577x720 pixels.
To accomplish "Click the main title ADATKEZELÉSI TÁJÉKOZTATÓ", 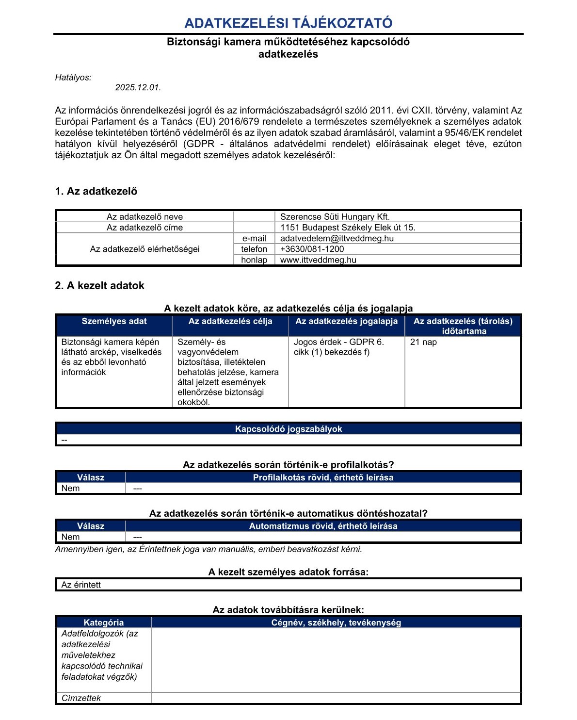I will click(288, 23).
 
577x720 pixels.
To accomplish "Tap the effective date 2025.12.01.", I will click(138, 88).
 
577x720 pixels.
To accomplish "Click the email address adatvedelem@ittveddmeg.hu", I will click(337, 238).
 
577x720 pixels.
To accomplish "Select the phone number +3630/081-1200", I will click(312, 249).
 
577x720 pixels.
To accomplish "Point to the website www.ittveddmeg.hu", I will click(318, 260).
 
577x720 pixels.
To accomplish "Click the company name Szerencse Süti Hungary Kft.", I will click(335, 217).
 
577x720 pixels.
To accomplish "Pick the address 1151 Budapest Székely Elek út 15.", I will click(348, 228).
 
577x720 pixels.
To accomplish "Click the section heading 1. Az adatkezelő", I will click(96, 191).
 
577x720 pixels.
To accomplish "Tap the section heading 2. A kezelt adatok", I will click(99, 286).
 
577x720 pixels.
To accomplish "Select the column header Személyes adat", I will click(114, 321).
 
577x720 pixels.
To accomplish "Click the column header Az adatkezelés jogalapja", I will click(346, 321).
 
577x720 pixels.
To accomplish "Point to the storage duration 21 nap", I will click(423, 342).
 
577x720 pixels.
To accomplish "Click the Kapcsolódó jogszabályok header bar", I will click(288, 429).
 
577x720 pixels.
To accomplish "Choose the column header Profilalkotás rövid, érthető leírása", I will click(323, 477).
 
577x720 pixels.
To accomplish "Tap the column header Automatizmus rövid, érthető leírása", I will click(323, 526).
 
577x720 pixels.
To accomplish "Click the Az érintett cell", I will click(81, 585).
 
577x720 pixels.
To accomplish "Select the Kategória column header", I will click(103, 622).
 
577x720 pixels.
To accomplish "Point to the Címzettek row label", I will click(81, 698).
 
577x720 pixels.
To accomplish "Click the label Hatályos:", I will click(73, 78).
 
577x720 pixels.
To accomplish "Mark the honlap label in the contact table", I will click(254, 260).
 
